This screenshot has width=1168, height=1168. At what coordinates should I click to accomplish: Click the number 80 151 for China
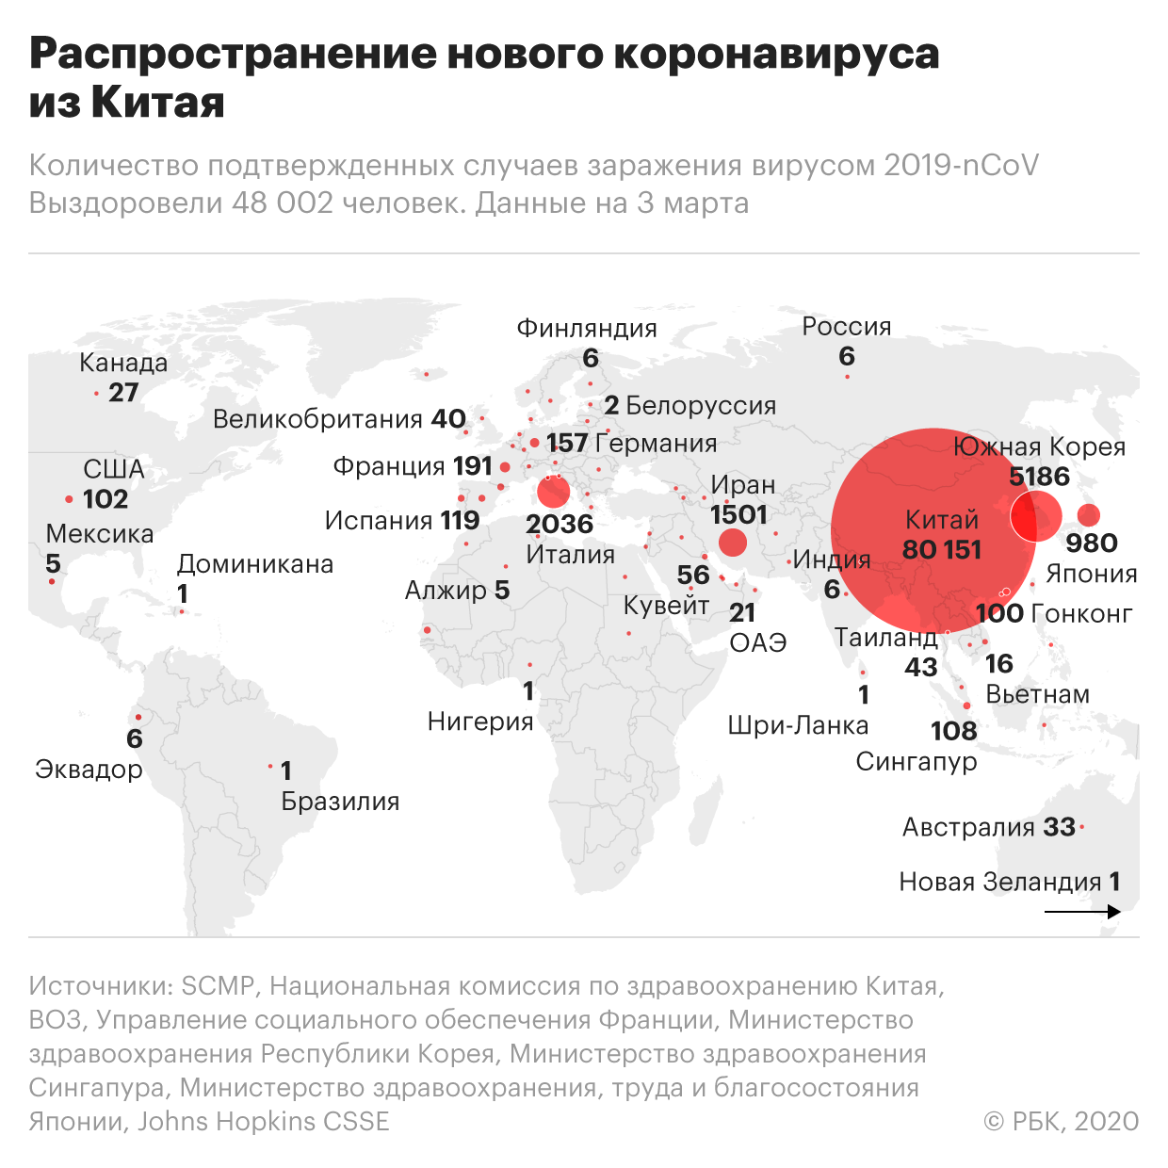941,549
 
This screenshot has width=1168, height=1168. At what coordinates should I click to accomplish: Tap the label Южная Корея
1039,446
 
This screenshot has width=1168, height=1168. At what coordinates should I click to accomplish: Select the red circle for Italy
554,491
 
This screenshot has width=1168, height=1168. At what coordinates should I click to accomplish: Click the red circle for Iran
732,543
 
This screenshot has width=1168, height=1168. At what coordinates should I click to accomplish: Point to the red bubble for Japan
1089,515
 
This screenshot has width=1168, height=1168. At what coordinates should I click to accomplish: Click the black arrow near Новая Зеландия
1083,912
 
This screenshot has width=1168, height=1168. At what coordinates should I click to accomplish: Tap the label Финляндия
587,329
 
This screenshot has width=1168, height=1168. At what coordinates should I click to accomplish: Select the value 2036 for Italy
560,524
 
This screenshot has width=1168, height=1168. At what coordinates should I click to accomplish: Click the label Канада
123,363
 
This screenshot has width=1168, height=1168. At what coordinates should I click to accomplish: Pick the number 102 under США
105,499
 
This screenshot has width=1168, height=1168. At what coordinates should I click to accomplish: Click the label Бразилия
340,802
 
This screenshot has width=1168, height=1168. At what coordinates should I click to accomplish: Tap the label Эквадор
89,770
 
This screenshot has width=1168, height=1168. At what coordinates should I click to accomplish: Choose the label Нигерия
480,722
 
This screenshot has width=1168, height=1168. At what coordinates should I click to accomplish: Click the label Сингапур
916,761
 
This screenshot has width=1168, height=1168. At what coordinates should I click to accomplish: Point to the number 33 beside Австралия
1060,827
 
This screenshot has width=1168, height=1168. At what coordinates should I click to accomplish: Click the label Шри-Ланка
798,725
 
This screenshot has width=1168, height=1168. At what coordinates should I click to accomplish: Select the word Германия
657,444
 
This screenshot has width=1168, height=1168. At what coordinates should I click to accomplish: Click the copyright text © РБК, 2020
1061,1122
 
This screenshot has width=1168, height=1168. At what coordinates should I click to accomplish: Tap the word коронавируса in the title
777,54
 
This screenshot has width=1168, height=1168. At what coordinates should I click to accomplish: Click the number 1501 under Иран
738,514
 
